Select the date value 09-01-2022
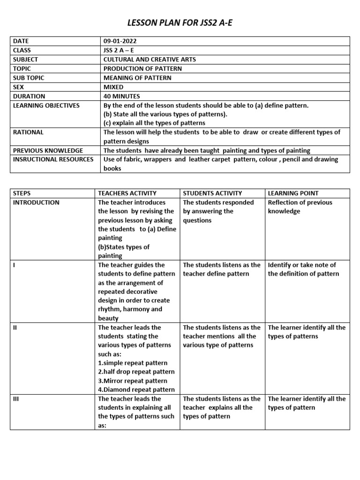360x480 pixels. click(121, 41)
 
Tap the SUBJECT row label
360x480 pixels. click(26, 60)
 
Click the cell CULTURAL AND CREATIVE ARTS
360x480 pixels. click(150, 60)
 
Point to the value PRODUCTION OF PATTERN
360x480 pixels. click(142, 68)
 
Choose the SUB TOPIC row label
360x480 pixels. click(29, 78)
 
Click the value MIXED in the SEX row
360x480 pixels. click(113, 87)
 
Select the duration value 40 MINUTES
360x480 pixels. click(121, 96)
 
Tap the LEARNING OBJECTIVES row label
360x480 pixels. click(46, 105)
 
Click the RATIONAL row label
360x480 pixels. click(28, 132)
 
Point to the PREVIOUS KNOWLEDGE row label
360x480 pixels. click(48, 150)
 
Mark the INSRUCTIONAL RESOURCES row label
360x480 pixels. click(53, 159)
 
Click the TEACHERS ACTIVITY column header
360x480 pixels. click(127, 193)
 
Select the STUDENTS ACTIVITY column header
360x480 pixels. click(212, 193)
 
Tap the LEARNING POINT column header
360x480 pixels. click(293, 193)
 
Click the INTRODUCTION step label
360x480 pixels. click(36, 202)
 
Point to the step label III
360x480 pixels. click(15, 398)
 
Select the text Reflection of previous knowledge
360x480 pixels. click(300, 207)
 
